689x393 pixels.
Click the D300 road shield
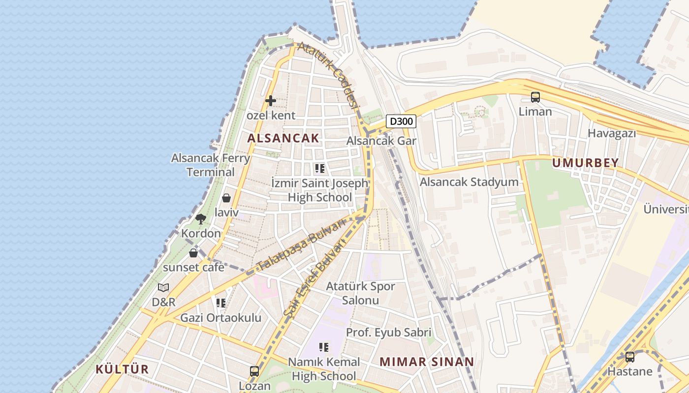tap(401, 121)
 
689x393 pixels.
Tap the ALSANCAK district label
tap(283, 138)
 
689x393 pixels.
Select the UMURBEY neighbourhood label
tap(585, 163)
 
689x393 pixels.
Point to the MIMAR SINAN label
tap(427, 362)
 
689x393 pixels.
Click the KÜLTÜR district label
tap(122, 369)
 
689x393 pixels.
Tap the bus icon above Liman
tap(535, 97)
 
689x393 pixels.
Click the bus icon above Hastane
tap(630, 357)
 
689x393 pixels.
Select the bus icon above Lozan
tap(254, 371)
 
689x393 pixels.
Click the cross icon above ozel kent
tap(270, 101)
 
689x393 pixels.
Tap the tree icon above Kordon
tap(200, 219)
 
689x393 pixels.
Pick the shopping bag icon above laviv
tap(226, 198)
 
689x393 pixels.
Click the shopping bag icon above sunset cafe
tap(193, 253)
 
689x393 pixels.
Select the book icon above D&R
tap(163, 288)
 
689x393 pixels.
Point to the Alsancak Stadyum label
tap(469, 182)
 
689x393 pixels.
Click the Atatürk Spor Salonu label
tap(361, 293)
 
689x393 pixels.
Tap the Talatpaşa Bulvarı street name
tap(300, 246)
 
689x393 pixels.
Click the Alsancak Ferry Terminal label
tap(211, 165)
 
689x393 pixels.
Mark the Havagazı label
tap(612, 133)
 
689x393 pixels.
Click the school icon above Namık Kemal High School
tap(323, 348)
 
